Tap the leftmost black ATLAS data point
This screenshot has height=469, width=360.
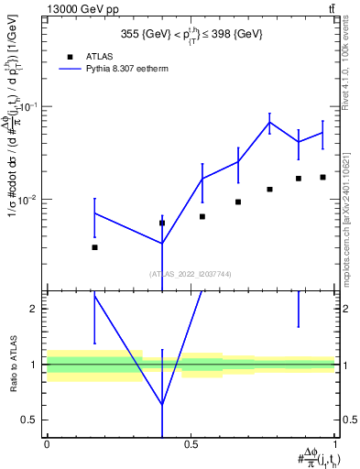pyautogui.click(x=94, y=247)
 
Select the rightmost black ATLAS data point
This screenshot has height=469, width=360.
pyautogui.click(x=322, y=177)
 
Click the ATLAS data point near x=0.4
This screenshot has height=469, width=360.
pyautogui.click(x=162, y=223)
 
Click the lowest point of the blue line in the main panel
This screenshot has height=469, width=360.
pyautogui.click(x=162, y=244)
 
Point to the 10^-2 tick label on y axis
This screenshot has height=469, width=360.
pyautogui.click(x=27, y=199)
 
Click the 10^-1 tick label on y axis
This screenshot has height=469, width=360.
pyautogui.click(x=27, y=106)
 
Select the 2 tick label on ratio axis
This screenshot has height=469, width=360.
pyautogui.click(x=35, y=309)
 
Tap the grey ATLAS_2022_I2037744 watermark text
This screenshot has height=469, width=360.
pyautogui.click(x=191, y=274)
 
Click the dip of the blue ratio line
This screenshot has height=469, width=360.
pyautogui.click(x=162, y=404)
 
